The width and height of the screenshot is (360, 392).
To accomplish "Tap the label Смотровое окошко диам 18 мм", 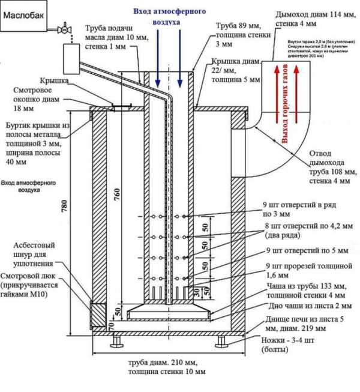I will coord(40,99).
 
